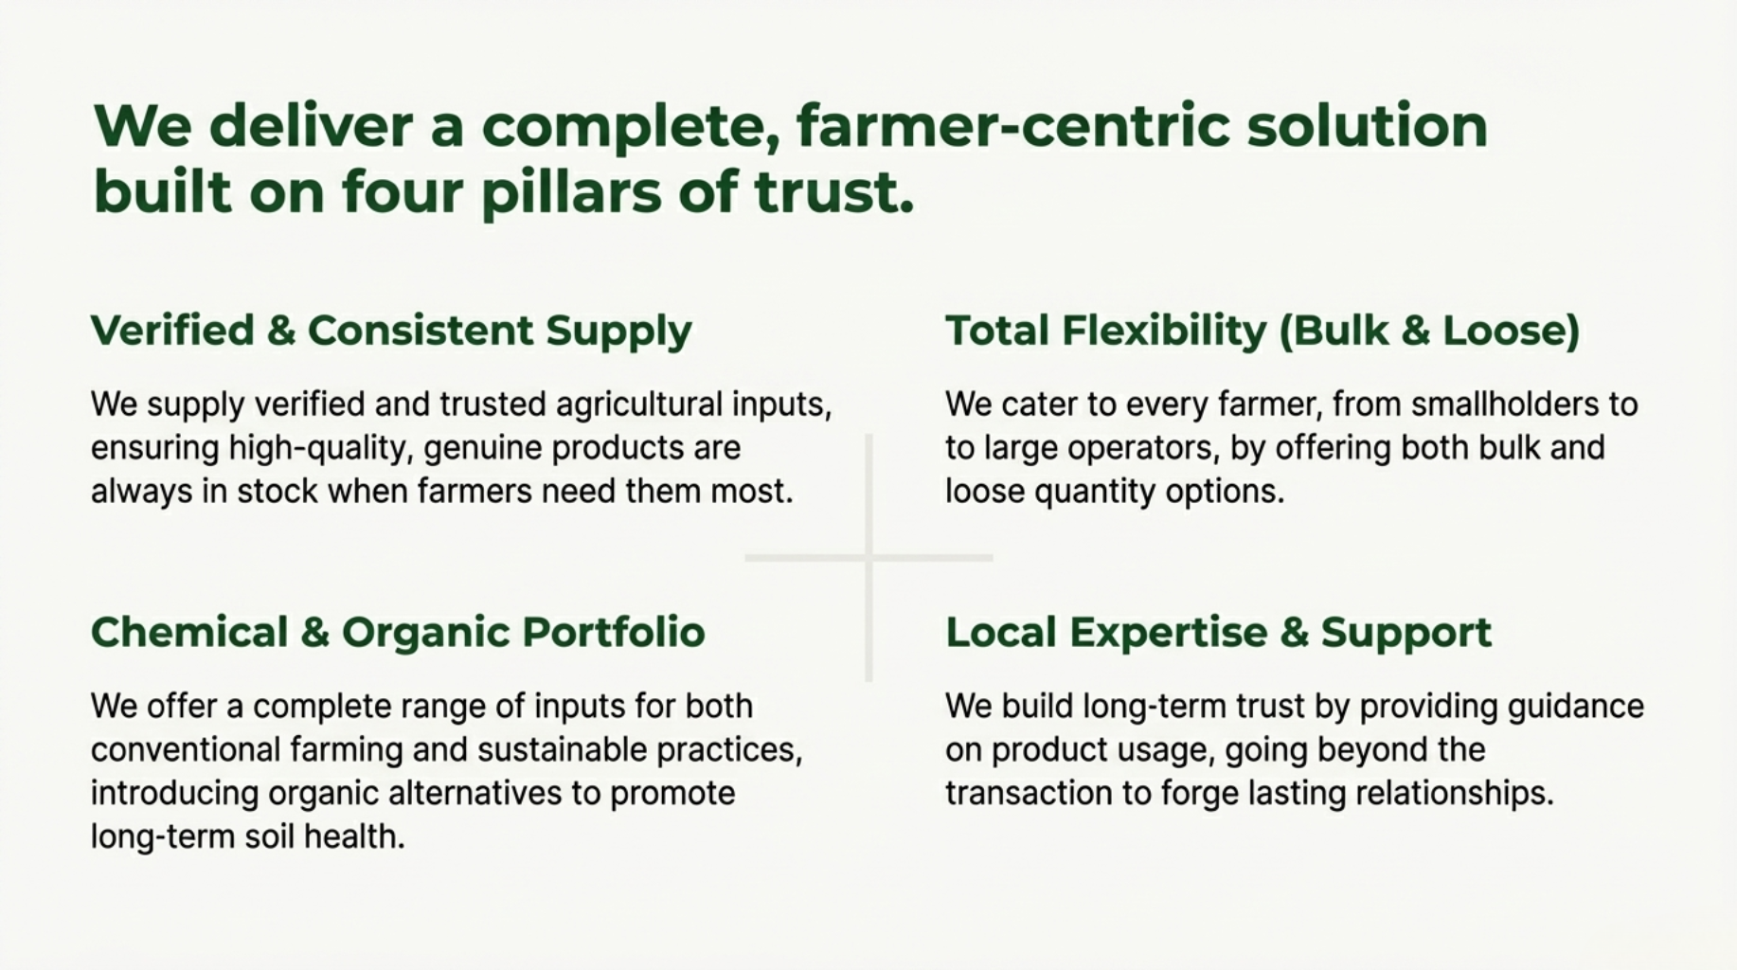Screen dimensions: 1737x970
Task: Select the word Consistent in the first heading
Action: pos(421,330)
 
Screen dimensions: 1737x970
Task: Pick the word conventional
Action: pos(186,750)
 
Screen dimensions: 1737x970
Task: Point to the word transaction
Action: pos(1029,794)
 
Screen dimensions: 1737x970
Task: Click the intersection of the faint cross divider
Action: pos(868,558)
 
